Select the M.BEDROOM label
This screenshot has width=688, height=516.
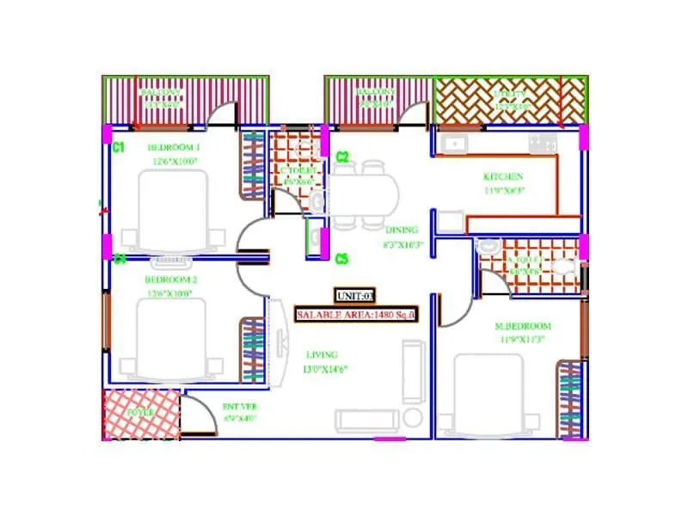(522, 326)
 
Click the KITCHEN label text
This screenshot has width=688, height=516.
(503, 177)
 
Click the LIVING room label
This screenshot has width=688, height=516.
(322, 354)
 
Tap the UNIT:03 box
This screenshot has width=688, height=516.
(355, 295)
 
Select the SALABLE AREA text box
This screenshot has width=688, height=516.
(356, 316)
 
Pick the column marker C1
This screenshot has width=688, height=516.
(119, 148)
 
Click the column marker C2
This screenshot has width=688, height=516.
(341, 157)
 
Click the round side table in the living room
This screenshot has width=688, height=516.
(414, 419)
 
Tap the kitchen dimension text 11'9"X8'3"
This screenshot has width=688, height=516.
(503, 192)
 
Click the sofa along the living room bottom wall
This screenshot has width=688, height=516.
(367, 420)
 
